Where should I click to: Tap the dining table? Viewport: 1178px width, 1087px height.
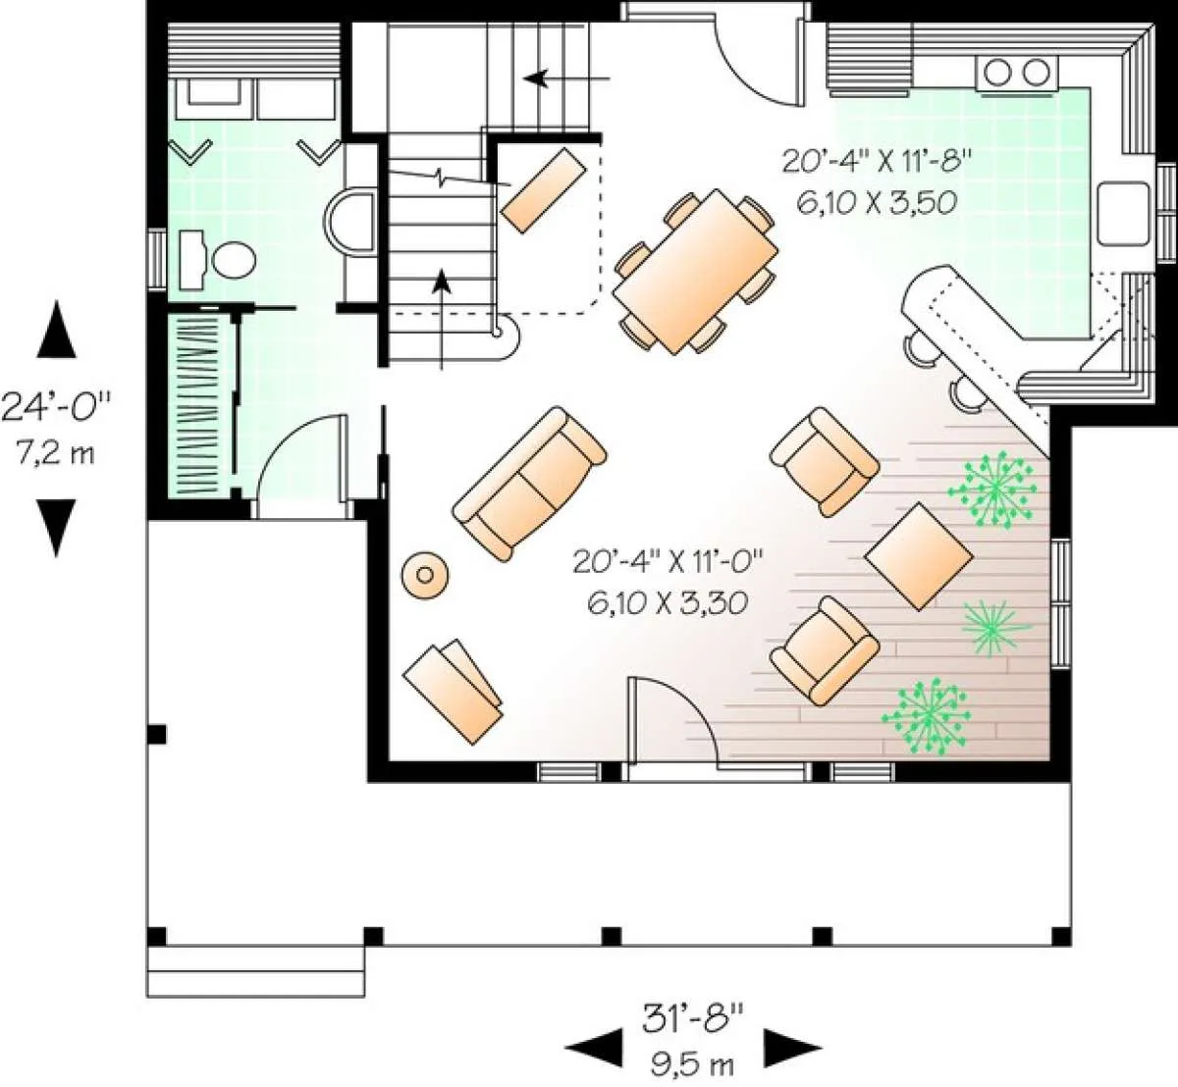click(x=695, y=272)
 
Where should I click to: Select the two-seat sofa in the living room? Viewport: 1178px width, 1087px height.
click(x=529, y=484)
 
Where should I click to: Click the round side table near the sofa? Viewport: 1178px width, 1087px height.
click(x=425, y=575)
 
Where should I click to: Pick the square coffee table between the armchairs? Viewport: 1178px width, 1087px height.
click(x=919, y=556)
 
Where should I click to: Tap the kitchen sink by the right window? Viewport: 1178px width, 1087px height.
click(x=1123, y=214)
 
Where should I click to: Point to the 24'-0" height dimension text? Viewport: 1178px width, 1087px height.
click(x=56, y=407)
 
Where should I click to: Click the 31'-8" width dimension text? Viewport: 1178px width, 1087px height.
click(x=692, y=1018)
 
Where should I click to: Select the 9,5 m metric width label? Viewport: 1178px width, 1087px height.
click(x=692, y=1063)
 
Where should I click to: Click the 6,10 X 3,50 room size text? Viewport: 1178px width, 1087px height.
click(x=876, y=203)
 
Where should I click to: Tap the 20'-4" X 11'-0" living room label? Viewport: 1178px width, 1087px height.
click(x=668, y=561)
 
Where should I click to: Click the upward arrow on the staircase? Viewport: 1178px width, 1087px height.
click(x=441, y=319)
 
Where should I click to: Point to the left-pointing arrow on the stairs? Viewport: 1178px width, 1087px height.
click(x=566, y=78)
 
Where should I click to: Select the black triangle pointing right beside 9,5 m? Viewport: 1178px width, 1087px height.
click(x=791, y=1049)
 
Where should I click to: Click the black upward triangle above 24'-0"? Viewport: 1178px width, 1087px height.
click(x=56, y=329)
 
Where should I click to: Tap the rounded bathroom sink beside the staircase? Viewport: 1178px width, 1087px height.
click(x=349, y=223)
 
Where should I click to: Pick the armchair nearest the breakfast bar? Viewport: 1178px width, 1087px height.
click(x=825, y=462)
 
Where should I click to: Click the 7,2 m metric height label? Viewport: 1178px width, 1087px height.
click(x=55, y=453)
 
